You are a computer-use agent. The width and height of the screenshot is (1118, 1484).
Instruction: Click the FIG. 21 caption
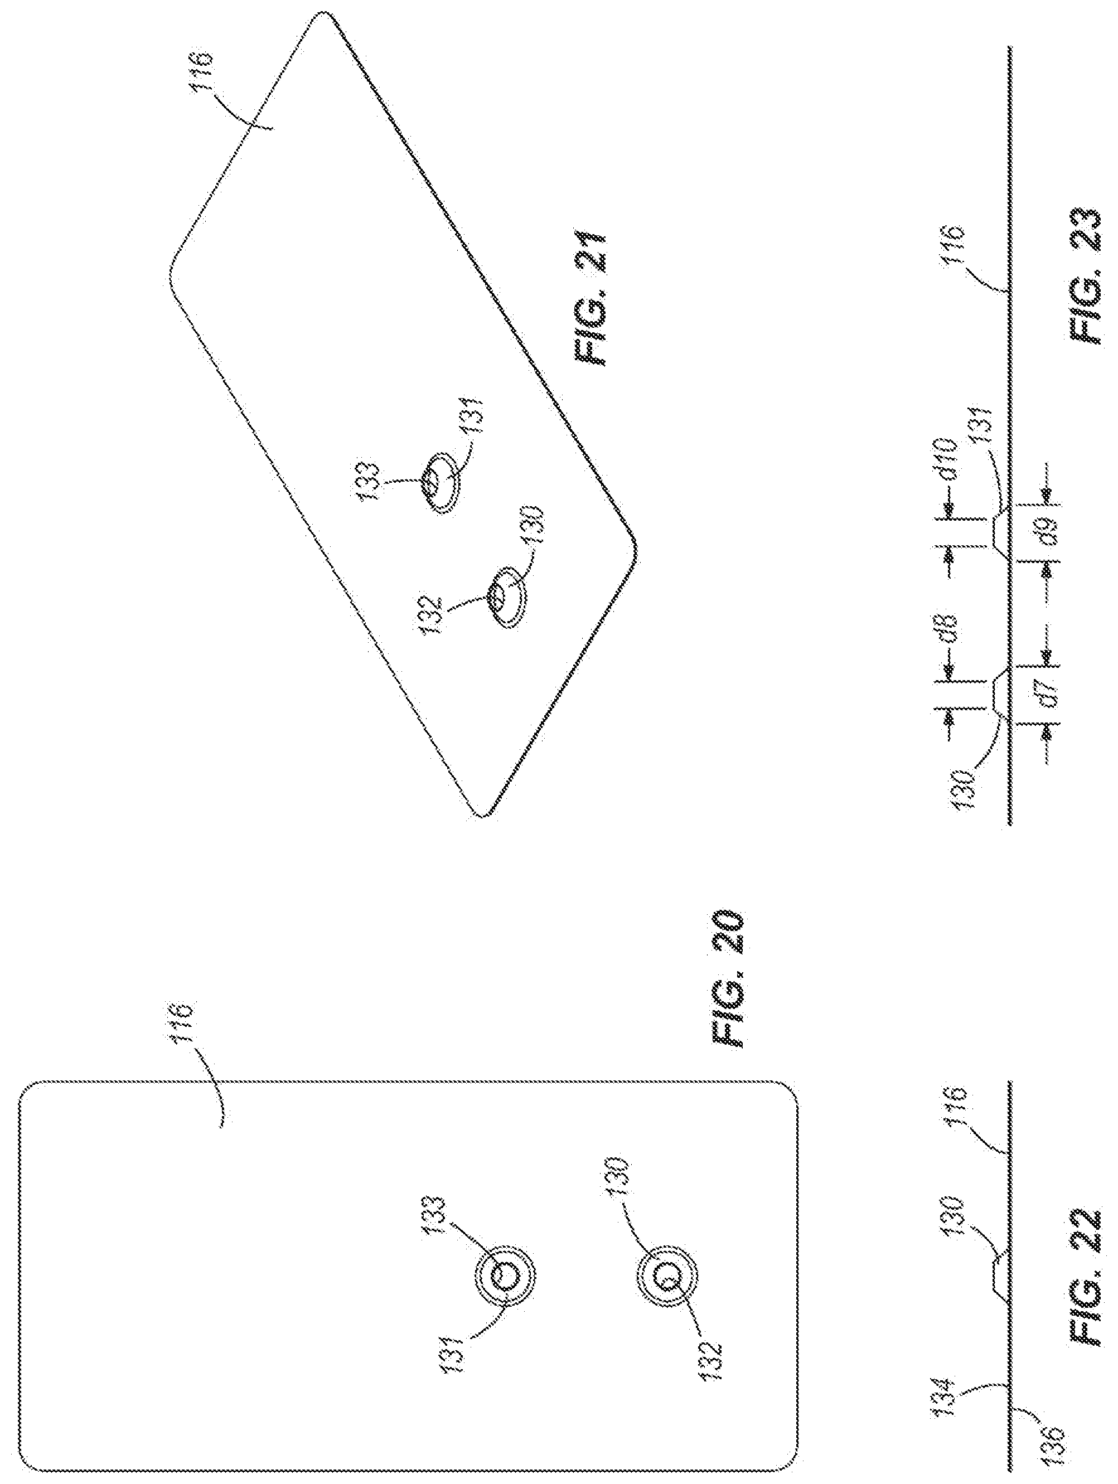click(x=589, y=299)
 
